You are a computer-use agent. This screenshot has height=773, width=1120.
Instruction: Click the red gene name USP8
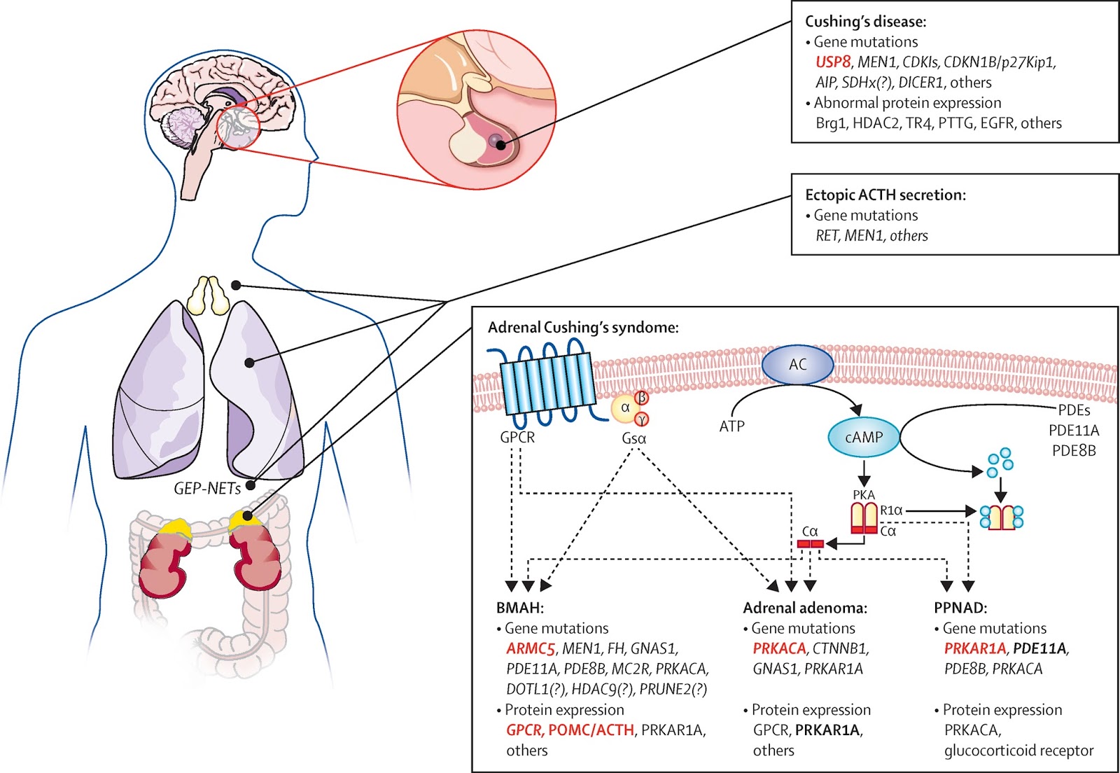pyautogui.click(x=832, y=62)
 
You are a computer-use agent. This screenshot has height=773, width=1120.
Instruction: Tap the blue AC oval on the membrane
pyautogui.click(x=797, y=365)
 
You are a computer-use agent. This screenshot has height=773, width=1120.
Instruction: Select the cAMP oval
pyautogui.click(x=864, y=438)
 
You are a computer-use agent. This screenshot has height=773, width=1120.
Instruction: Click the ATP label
pyautogui.click(x=731, y=426)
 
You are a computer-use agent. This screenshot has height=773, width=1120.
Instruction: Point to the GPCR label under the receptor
pyautogui.click(x=517, y=438)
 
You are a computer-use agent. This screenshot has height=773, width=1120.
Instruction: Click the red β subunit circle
pyautogui.click(x=641, y=398)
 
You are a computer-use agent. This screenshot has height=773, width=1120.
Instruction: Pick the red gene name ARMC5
pyautogui.click(x=531, y=649)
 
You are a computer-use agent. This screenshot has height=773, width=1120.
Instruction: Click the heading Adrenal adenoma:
pyautogui.click(x=805, y=608)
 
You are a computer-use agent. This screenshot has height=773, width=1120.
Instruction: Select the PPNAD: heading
pyautogui.click(x=960, y=608)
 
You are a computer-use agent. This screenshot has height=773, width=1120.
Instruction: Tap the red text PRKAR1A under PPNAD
pyautogui.click(x=975, y=649)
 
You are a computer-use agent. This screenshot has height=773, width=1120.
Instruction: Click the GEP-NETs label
pyautogui.click(x=207, y=488)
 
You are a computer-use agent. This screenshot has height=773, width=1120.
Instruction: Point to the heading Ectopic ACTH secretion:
pyautogui.click(x=885, y=195)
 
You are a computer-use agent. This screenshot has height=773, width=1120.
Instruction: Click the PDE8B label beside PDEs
pyautogui.click(x=1074, y=451)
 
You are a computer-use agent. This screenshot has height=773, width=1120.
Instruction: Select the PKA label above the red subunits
pyautogui.click(x=864, y=494)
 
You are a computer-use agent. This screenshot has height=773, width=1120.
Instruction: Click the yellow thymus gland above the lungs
pyautogui.click(x=210, y=295)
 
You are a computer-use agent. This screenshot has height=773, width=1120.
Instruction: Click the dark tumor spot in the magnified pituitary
pyautogui.click(x=497, y=142)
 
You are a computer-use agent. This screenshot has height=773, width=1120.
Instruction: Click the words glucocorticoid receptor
pyautogui.click(x=1018, y=751)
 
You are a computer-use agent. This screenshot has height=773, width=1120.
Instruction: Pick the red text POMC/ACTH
pyautogui.click(x=591, y=730)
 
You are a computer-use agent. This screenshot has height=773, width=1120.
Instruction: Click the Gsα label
pyautogui.click(x=633, y=438)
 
